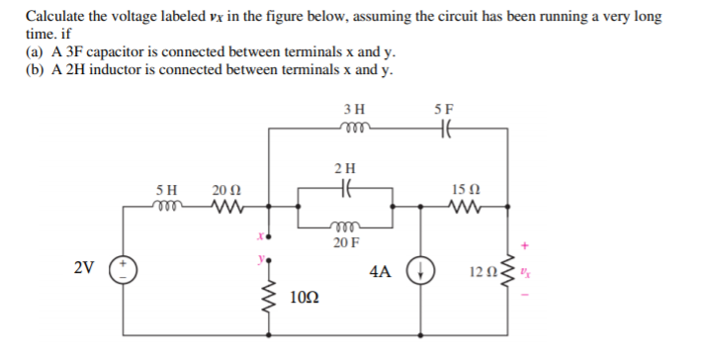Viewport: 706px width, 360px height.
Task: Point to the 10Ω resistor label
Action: point(306,297)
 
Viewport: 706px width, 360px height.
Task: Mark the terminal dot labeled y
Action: point(266,261)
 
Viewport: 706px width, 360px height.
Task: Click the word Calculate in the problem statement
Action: point(56,18)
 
